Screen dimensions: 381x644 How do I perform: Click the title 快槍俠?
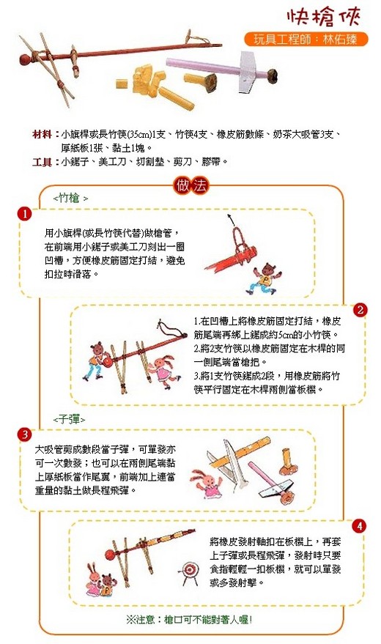324,17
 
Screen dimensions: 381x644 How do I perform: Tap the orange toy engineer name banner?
306,40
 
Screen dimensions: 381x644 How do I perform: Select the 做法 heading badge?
191,186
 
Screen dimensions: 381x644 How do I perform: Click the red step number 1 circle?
25,214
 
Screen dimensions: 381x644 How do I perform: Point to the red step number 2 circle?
360,310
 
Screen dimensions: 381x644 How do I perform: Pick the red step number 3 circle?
25,434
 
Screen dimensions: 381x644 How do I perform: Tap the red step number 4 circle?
359,526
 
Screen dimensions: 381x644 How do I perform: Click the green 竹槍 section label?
70,199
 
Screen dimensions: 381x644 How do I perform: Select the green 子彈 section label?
69,419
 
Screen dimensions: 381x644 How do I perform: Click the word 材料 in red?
42,134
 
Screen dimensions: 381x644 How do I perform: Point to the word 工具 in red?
42,162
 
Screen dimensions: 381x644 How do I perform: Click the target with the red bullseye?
190,571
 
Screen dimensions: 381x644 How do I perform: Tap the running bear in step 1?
263,279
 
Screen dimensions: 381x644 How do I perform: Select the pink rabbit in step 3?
208,484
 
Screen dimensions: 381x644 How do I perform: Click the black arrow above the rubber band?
233,220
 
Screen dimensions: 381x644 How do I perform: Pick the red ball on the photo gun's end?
26,59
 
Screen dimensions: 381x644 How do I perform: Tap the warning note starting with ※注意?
189,619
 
